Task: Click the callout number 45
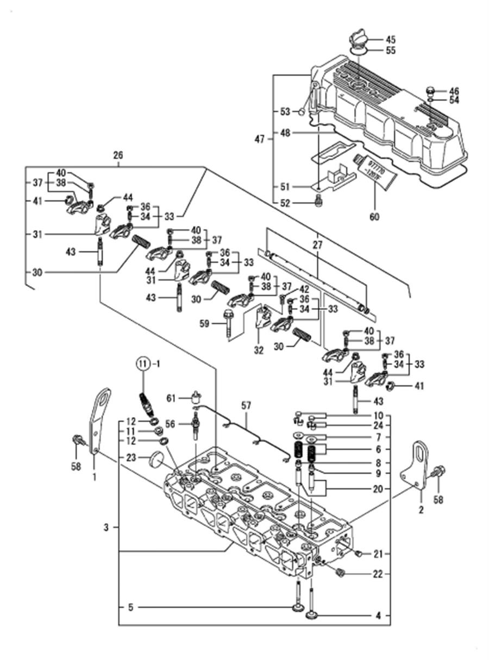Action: coord(391,39)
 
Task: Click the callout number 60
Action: coord(374,217)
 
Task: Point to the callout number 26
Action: coord(118,155)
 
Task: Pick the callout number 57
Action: coord(247,405)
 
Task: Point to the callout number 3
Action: coord(107,527)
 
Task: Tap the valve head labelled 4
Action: coord(314,615)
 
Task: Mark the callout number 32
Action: coord(259,351)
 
